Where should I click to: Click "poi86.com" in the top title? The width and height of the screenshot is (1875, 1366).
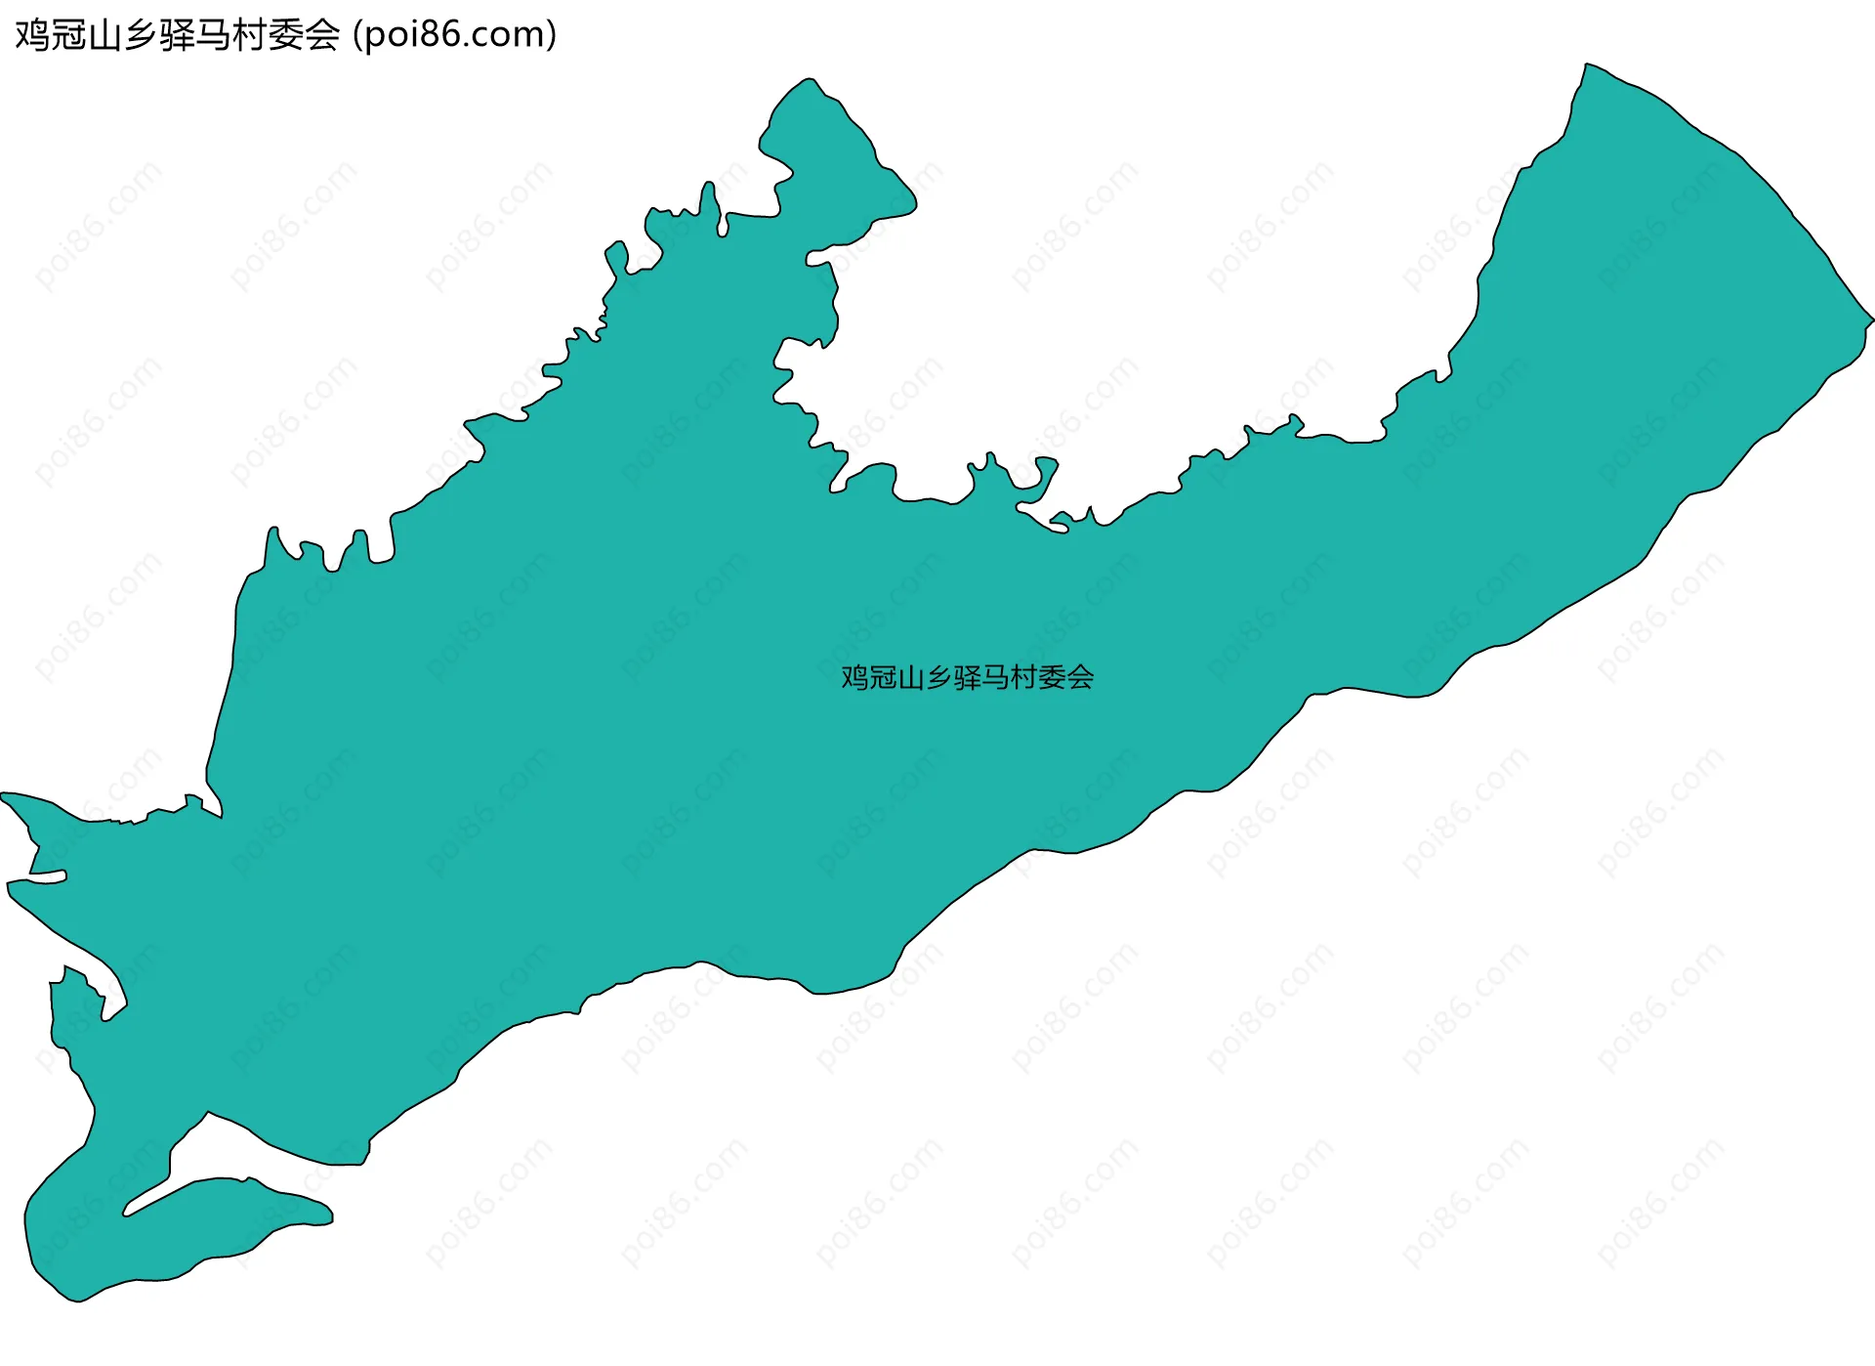454,35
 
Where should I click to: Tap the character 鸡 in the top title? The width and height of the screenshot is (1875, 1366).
31,35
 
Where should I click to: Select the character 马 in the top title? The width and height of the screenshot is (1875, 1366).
213,35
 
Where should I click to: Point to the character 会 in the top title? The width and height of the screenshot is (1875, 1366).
322,35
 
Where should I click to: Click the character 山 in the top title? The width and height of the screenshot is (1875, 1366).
104,35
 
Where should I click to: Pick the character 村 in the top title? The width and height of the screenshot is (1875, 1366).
250,35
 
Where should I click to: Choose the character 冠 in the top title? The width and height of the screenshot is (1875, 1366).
67,35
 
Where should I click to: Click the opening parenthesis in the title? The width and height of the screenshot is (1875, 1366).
358,35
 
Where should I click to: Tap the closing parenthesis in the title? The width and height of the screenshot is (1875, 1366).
552,35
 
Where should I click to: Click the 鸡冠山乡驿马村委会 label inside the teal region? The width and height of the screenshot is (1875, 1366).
967,677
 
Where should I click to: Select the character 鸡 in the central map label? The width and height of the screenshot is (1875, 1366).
854,677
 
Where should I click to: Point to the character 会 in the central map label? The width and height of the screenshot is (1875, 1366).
1080,677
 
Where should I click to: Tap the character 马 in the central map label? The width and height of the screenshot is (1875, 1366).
995,677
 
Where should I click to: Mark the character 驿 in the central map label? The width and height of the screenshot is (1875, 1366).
967,677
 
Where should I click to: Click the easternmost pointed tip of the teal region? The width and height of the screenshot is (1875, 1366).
1872,320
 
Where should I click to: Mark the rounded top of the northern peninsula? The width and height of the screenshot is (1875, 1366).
809,81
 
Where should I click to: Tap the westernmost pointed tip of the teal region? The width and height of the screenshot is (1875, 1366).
4,795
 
